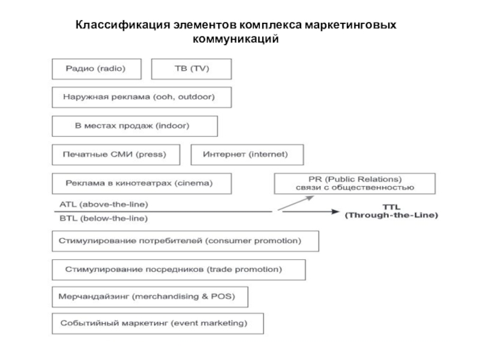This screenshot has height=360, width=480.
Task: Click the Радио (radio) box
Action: tap(97, 69)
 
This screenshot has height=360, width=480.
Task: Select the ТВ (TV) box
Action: tap(191, 69)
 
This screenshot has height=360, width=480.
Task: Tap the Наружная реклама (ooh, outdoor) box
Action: tap(142, 97)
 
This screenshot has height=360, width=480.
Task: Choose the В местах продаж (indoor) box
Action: tap(134, 126)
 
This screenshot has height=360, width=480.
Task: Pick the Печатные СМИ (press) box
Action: tap(117, 155)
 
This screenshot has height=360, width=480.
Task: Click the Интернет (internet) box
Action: tap(247, 155)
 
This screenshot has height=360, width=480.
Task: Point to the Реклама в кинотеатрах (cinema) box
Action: tap(141, 183)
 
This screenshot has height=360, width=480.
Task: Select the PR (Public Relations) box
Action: tap(355, 183)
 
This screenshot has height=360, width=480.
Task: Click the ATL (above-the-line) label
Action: tap(104, 204)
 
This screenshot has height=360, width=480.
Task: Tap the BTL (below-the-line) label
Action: tap(104, 218)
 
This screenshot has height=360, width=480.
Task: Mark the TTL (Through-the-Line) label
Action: tap(391, 211)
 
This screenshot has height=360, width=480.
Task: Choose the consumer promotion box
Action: tap(185, 241)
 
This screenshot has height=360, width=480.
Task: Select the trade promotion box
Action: tap(178, 269)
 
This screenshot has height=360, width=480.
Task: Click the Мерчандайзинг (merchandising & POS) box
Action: tap(150, 297)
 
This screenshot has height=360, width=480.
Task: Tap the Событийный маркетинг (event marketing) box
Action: tap(157, 324)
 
